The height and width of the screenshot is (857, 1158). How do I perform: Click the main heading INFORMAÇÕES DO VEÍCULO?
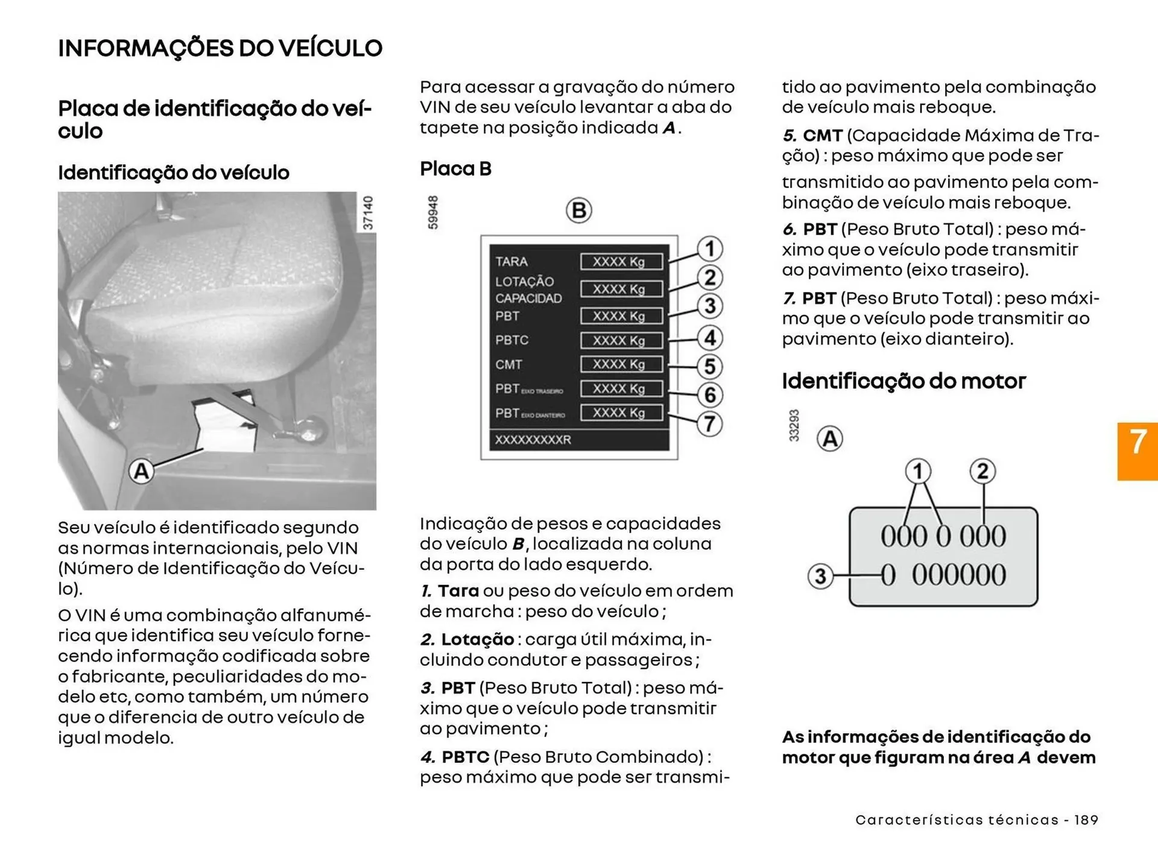220,48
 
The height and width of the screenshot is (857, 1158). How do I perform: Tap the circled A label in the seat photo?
141,471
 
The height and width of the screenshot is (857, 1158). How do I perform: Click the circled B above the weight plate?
578,210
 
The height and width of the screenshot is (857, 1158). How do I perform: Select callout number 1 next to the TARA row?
710,248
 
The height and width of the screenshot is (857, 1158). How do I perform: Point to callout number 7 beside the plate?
710,423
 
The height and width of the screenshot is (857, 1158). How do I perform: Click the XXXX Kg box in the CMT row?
621,364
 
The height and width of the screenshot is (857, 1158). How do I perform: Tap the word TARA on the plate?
511,262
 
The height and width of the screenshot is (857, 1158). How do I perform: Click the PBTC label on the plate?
511,340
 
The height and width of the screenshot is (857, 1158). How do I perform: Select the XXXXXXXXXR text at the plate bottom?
533,440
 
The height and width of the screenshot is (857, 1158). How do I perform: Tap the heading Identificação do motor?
903,381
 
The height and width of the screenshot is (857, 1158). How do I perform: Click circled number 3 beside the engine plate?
820,575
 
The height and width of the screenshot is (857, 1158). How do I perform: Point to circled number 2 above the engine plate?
982,471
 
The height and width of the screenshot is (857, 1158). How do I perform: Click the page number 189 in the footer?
1086,820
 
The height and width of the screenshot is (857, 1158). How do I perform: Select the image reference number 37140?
368,212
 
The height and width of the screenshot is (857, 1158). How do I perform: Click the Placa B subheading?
455,169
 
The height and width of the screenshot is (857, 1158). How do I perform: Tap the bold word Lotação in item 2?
477,639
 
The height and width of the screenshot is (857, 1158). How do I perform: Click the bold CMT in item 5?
822,135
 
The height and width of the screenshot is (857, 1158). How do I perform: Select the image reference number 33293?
794,425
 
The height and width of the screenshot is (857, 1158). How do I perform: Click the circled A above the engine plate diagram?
830,438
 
